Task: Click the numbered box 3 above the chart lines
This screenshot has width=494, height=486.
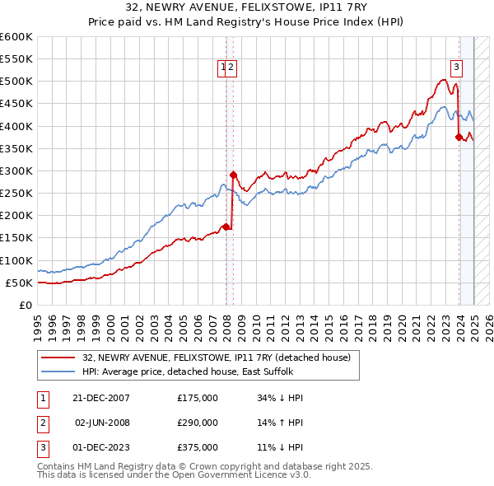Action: (456, 68)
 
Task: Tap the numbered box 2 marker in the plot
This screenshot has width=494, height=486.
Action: (231, 68)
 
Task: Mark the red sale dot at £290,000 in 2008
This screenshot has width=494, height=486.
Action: (233, 175)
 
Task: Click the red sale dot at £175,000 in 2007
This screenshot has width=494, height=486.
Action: (226, 227)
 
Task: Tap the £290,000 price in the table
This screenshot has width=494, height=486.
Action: (198, 423)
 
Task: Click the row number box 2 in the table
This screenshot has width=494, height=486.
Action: (42, 423)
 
